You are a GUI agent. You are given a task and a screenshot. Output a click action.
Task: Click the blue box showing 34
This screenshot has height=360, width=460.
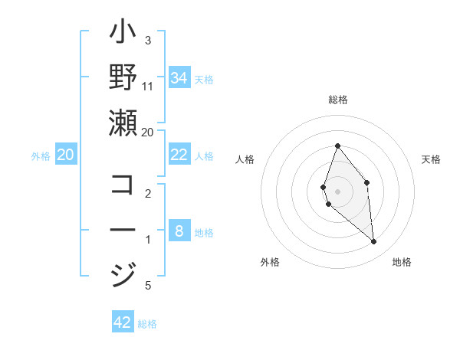(179, 77)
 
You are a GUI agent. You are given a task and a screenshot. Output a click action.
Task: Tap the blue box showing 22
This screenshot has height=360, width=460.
(179, 155)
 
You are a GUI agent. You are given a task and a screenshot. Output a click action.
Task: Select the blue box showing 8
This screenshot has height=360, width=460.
(179, 231)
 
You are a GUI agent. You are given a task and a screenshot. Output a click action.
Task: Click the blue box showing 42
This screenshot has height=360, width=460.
(123, 322)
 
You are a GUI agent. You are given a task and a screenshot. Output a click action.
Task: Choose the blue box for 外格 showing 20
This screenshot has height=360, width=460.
(65, 155)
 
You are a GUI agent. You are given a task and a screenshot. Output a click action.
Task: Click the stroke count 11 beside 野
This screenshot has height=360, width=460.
(148, 85)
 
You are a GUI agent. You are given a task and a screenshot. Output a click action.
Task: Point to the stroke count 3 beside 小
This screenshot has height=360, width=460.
(148, 40)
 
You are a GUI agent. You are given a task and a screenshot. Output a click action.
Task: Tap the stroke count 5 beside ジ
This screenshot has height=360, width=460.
(148, 286)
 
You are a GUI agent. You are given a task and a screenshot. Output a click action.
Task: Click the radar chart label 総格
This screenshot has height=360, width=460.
(338, 100)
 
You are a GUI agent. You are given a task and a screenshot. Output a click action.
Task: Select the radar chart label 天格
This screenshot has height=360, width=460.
(432, 159)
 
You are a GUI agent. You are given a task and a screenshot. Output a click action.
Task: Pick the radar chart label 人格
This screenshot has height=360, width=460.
(245, 159)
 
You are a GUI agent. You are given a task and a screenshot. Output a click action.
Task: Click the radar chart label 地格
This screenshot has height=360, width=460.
(402, 263)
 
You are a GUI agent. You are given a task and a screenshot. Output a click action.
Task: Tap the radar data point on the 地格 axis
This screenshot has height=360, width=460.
(374, 242)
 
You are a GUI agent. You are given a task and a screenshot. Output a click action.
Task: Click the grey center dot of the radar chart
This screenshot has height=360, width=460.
(338, 191)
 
